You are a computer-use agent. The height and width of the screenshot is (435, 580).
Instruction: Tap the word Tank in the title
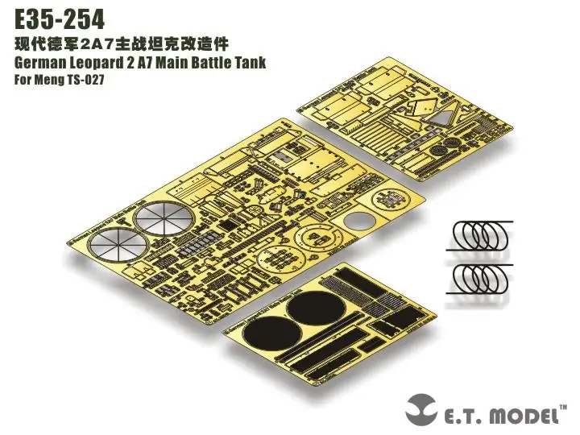[x=248, y=63]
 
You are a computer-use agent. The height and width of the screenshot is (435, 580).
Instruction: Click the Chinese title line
[x=129, y=43]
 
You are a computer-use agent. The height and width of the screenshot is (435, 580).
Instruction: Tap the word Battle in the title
[x=207, y=63]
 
